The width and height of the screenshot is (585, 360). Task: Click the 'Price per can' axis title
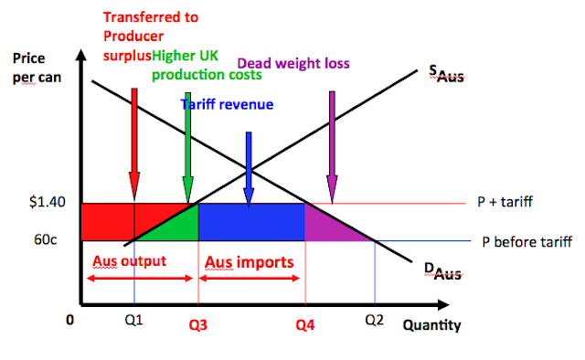point(36,68)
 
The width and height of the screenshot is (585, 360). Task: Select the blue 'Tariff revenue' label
point(226,104)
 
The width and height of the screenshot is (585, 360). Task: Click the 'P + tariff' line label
point(504,203)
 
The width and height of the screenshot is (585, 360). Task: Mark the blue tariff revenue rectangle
point(251,222)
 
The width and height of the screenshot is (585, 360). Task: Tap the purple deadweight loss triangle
point(329,226)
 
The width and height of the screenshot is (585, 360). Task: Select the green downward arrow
point(187,146)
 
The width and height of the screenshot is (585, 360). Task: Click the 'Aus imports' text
point(250,262)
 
